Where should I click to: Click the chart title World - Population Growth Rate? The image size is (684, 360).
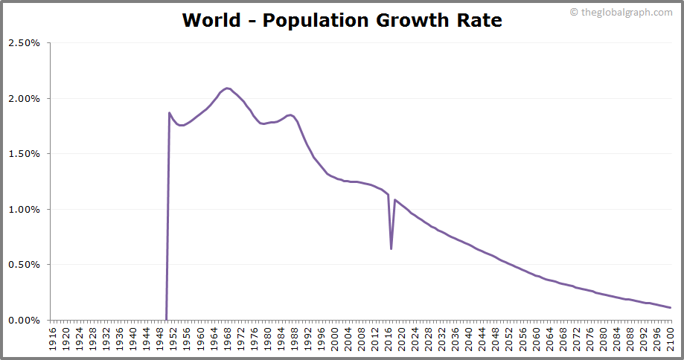[x=342, y=20]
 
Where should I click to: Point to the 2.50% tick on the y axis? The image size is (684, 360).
[x=24, y=43]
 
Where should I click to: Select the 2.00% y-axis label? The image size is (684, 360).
[x=24, y=99]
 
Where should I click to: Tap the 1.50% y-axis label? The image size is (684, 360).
[x=24, y=154]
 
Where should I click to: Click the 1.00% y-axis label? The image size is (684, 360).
[x=24, y=210]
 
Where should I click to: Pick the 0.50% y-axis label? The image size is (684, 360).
[x=24, y=265]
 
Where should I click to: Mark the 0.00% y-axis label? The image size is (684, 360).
[x=24, y=321]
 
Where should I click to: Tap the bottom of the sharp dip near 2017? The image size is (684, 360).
[x=391, y=248]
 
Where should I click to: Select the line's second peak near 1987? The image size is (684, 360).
[x=290, y=115]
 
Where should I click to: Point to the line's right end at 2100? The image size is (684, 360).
[x=671, y=308]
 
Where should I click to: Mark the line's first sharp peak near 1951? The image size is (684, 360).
[x=170, y=113]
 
